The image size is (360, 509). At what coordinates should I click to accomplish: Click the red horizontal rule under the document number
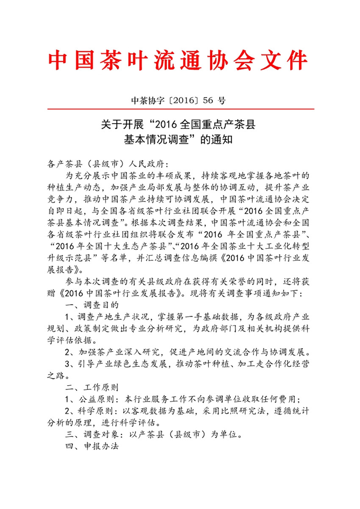(180, 109)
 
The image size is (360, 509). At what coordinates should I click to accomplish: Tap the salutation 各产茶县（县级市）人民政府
(107, 164)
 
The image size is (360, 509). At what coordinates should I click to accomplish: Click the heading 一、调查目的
(91, 305)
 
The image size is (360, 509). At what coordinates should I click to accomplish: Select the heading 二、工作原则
(91, 387)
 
